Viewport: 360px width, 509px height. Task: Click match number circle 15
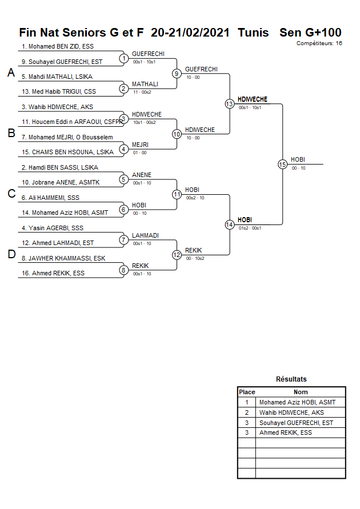click(282, 164)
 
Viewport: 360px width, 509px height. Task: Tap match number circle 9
click(177, 73)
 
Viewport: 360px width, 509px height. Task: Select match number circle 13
click(229, 103)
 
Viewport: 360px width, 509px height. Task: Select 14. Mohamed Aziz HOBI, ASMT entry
click(65, 213)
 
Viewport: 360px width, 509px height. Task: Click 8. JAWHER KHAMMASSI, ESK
click(63, 258)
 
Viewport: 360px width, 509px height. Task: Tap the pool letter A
click(11, 73)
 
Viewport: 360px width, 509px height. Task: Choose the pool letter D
click(11, 254)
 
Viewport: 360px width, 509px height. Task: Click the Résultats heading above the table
click(291, 379)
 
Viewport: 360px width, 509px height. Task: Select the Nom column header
click(301, 392)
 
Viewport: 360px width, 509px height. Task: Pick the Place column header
click(247, 392)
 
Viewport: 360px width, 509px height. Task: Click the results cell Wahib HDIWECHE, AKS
click(291, 412)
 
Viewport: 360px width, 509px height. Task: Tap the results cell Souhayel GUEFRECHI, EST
click(296, 423)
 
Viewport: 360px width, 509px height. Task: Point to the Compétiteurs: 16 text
click(319, 43)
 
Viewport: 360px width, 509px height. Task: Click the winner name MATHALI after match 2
click(141, 84)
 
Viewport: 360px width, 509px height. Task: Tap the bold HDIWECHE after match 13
click(253, 99)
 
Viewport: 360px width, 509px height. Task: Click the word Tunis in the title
click(253, 33)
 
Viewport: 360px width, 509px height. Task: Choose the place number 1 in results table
click(247, 402)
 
